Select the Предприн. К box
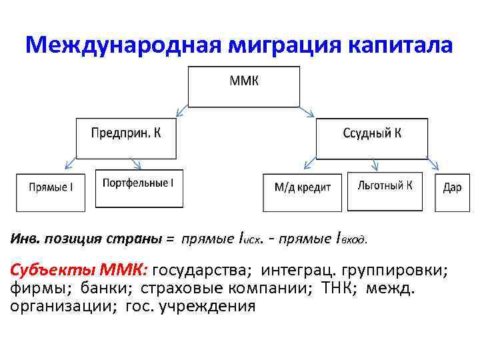pyautogui.click(x=126, y=138)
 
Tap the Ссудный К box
pyautogui.click(x=371, y=138)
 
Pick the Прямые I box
pyautogui.click(x=51, y=191)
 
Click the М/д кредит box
pyautogui.click(x=302, y=192)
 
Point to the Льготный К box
pyautogui.click(x=385, y=191)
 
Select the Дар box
pyautogui.click(x=451, y=192)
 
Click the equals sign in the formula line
pyautogui.click(x=169, y=237)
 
